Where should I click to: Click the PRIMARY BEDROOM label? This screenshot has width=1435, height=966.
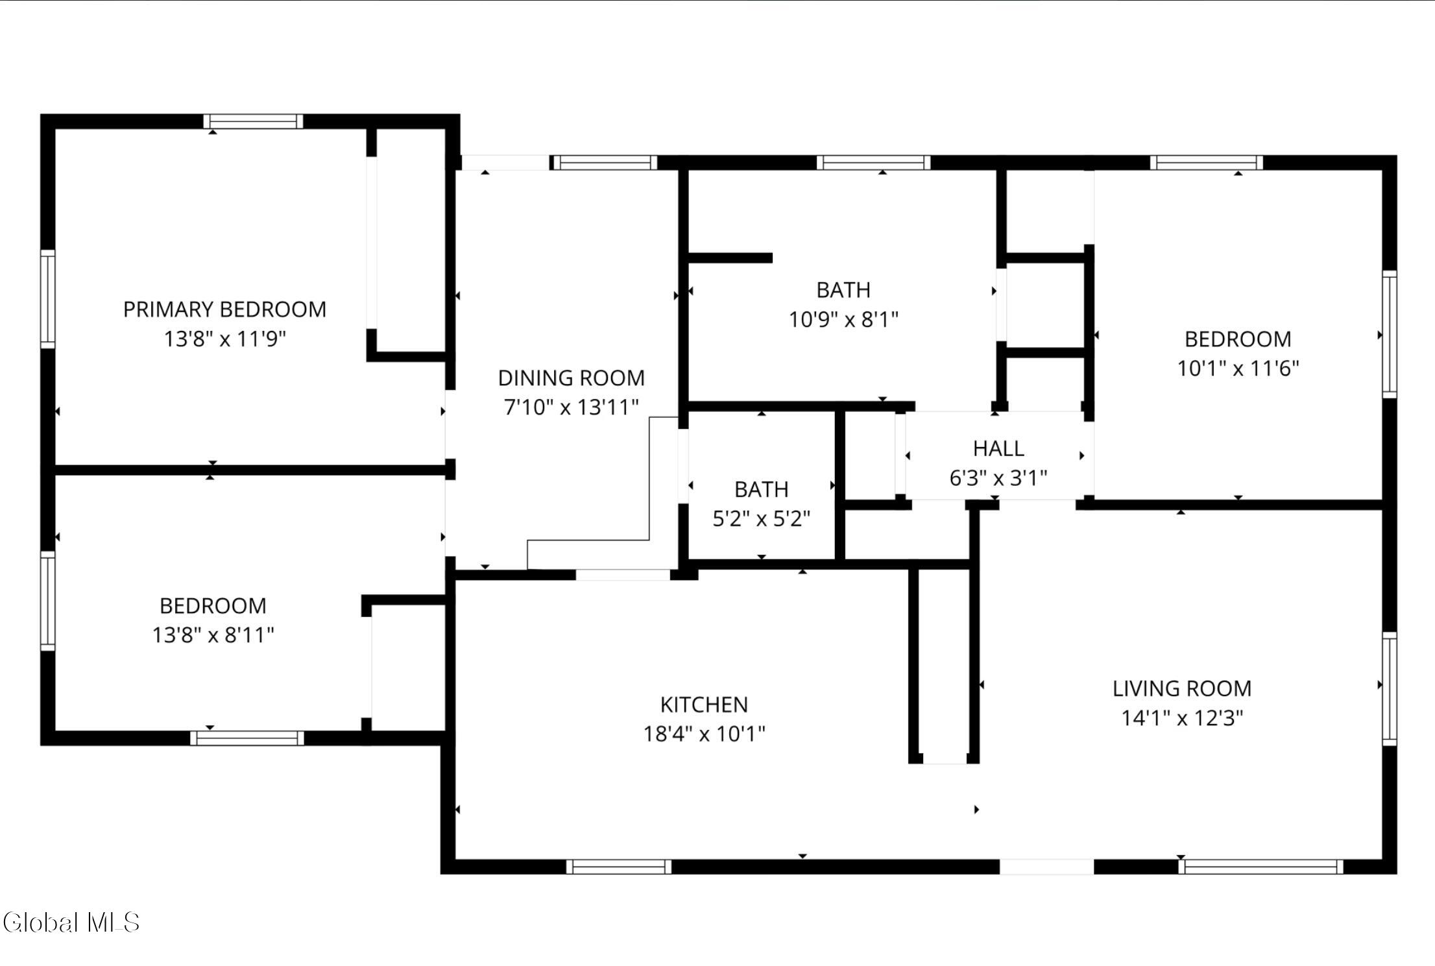pos(224,309)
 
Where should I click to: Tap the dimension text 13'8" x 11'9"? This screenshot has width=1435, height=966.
pos(224,339)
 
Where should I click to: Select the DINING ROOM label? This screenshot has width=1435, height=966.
pos(571,378)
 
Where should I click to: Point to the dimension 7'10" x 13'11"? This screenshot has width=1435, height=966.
pos(571,407)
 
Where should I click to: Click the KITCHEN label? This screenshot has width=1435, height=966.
pos(704,705)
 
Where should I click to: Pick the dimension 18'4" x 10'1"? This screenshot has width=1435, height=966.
pos(704,734)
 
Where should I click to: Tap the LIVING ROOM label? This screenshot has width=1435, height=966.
pos(1182,688)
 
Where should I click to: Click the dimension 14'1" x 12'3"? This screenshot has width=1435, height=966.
pos(1182,718)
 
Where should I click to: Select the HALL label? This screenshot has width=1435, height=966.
pos(998,448)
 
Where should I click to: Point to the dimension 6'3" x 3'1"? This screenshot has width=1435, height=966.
pos(998,478)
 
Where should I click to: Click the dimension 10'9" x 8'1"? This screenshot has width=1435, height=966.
pos(843,319)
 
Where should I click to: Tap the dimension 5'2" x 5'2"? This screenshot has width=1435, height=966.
pos(762,518)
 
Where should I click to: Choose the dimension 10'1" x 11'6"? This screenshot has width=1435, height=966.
pos(1238,368)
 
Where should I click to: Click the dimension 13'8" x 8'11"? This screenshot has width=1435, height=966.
pos(213,634)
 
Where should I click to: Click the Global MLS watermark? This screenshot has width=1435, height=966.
pos(71,923)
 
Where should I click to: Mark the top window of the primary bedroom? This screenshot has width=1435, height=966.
pos(253,121)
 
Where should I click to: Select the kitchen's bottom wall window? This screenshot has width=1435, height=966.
pos(619,867)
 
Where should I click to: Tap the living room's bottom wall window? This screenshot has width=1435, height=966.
pos(1260,867)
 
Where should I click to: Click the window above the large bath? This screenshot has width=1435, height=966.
pos(873,162)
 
